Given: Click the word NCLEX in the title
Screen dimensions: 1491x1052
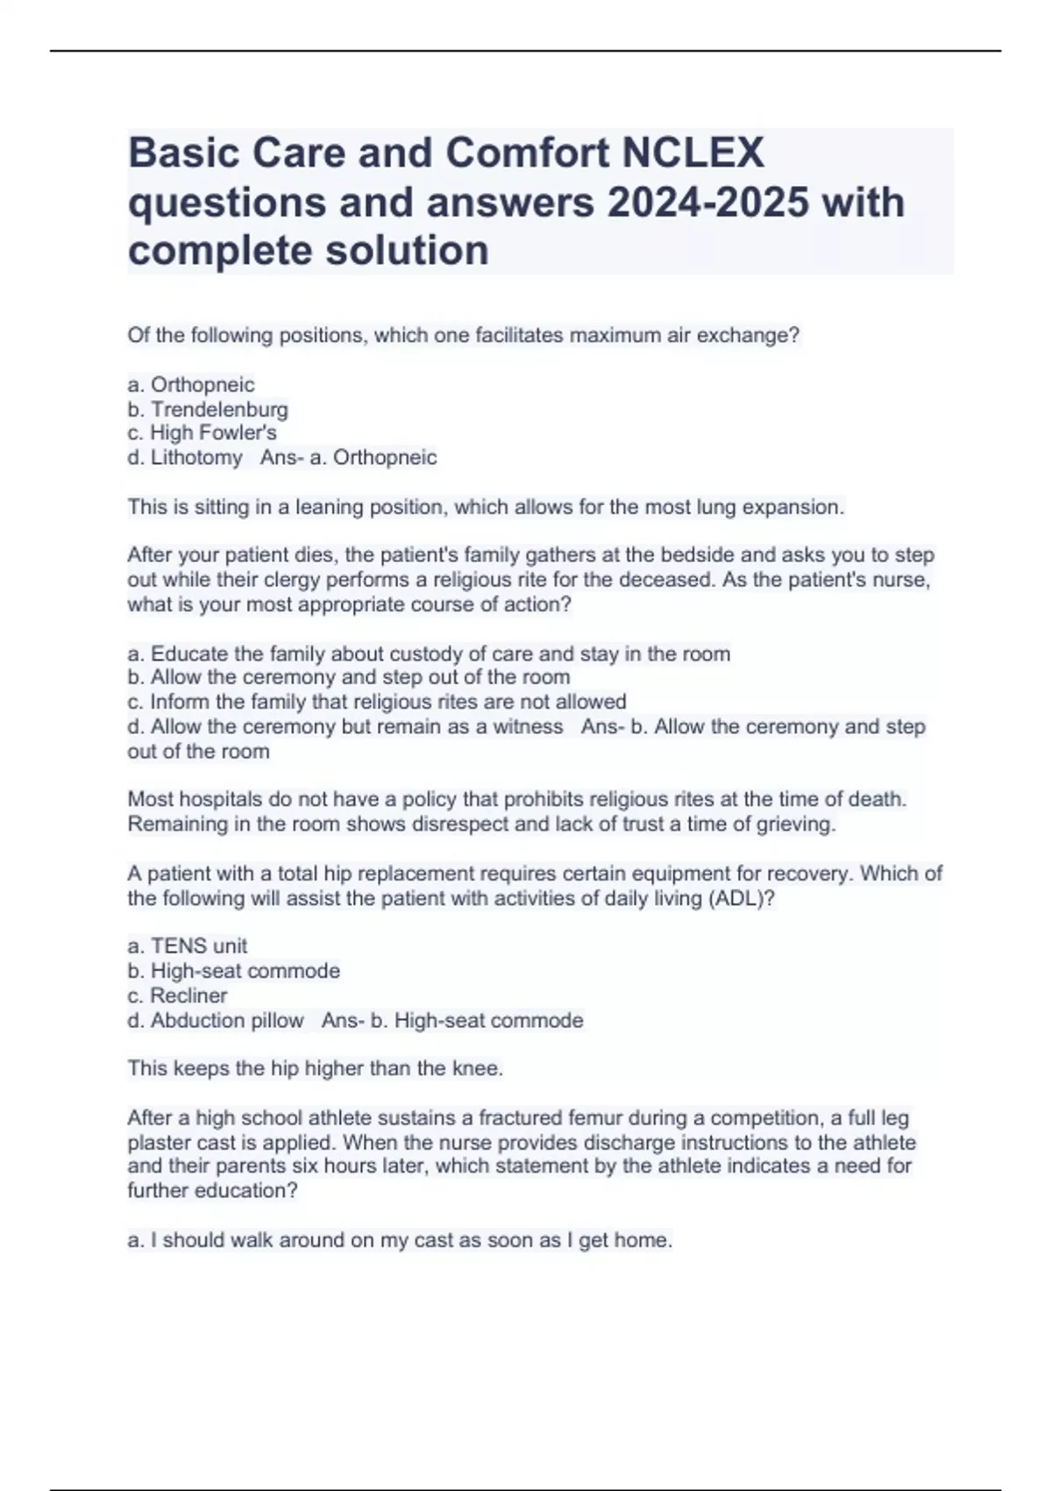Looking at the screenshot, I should click(x=693, y=153).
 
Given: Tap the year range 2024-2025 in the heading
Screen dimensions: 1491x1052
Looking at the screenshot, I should click(x=707, y=202).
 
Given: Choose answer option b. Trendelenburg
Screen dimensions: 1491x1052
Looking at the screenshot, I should click(x=208, y=410).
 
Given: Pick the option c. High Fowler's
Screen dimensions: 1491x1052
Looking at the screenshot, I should click(x=202, y=433).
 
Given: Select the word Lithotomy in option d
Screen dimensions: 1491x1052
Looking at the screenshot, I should click(x=196, y=458).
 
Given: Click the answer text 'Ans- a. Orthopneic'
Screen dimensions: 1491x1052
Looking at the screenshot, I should click(x=348, y=458).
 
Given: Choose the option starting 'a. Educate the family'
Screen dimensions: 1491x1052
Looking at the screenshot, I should click(x=429, y=654).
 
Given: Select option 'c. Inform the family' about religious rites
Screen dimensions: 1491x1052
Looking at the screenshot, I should click(x=377, y=702).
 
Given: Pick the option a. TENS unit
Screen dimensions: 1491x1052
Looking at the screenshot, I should click(x=188, y=946).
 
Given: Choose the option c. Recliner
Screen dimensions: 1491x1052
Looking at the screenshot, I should click(x=177, y=995).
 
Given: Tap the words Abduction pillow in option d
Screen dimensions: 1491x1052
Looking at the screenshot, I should click(x=227, y=1021).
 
